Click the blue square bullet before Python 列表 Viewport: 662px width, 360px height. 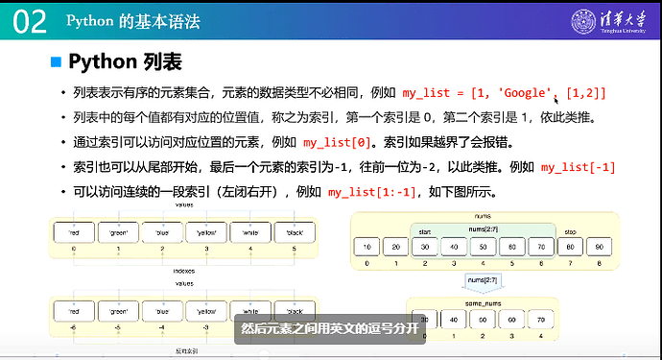point(56,62)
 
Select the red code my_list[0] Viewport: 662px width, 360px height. point(338,143)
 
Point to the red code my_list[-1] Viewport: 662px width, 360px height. point(577,167)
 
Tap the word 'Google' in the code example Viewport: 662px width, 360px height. point(524,93)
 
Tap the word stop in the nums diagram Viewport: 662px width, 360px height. point(571,230)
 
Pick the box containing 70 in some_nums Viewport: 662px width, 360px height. point(540,319)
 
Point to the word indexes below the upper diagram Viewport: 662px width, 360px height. point(183,271)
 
